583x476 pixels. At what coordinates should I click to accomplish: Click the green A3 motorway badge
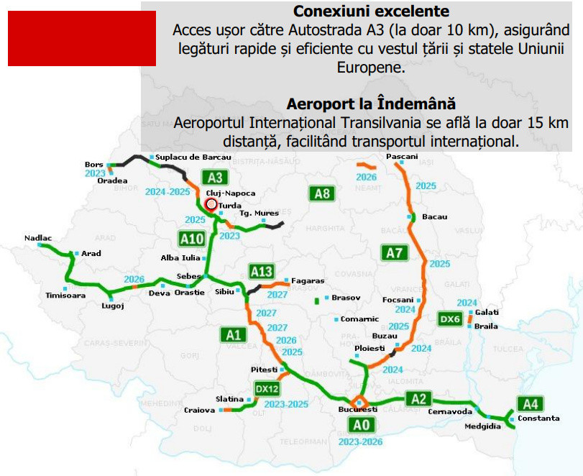click(214, 178)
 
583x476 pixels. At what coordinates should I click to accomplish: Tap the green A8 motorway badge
click(322, 193)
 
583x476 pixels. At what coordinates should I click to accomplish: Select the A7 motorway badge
click(395, 252)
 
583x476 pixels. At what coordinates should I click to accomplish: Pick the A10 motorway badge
click(193, 239)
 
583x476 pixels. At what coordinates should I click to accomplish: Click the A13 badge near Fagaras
click(262, 271)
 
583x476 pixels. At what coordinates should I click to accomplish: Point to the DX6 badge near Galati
click(451, 318)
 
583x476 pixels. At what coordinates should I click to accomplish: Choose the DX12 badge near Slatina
click(267, 389)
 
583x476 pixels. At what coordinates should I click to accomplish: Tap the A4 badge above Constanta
click(530, 404)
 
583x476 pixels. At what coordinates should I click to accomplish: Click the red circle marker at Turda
click(211, 204)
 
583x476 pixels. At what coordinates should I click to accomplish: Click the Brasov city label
click(346, 297)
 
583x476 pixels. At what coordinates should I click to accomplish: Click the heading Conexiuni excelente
click(371, 12)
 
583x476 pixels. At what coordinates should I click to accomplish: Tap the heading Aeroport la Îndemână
click(371, 104)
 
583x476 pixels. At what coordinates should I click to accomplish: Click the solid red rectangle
click(82, 38)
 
